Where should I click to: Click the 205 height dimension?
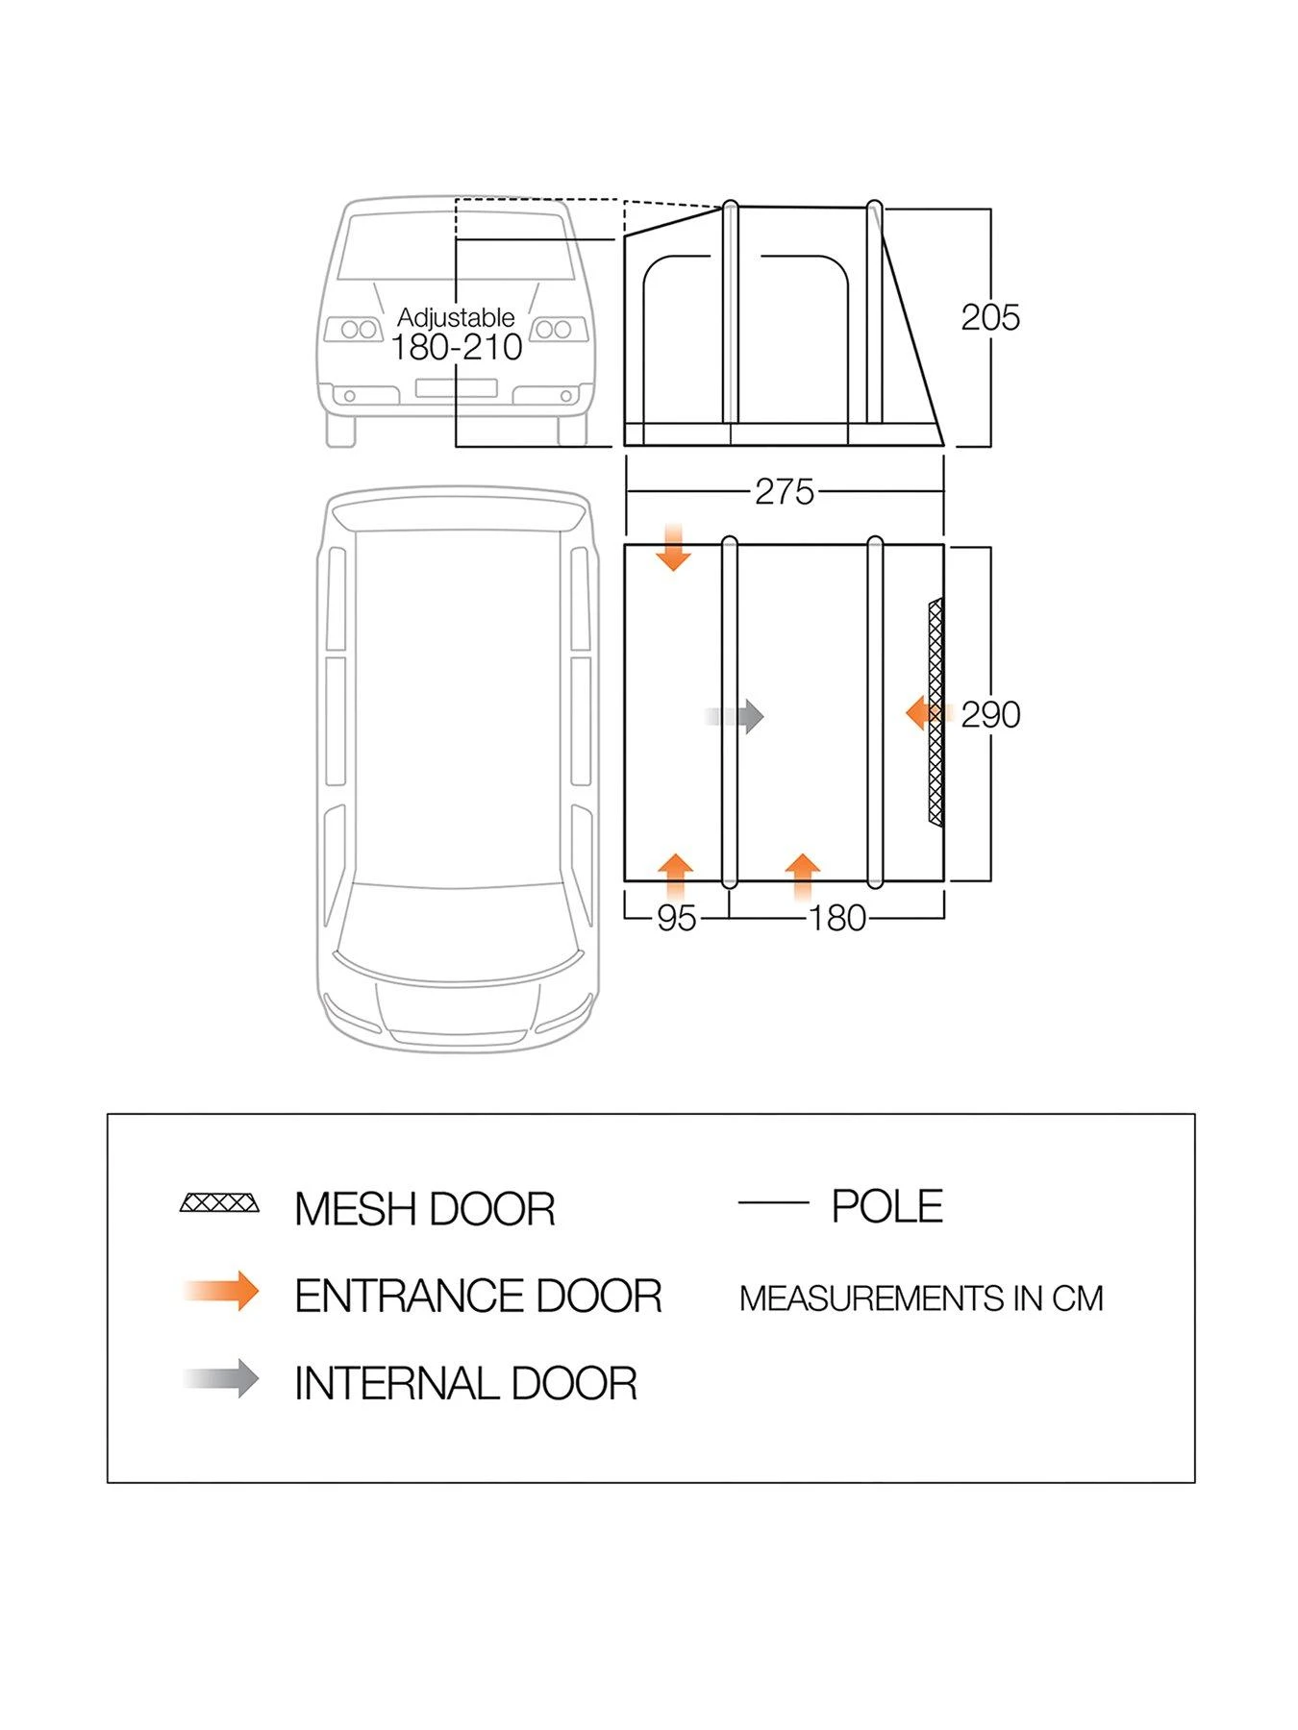(989, 317)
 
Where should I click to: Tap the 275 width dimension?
(784, 491)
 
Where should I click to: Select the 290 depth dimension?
(989, 714)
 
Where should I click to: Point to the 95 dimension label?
(675, 918)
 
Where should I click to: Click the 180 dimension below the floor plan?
(836, 918)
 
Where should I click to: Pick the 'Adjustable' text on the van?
(456, 317)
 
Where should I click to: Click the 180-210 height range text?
(456, 347)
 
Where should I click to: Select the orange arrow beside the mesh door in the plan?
(926, 713)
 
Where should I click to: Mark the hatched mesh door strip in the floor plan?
(935, 711)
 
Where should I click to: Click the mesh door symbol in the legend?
(219, 1203)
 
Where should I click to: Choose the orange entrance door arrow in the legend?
(223, 1291)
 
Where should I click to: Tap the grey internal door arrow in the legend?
(223, 1379)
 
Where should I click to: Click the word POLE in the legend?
(886, 1206)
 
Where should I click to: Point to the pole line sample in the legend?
(773, 1202)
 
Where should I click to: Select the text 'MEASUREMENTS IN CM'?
(920, 1298)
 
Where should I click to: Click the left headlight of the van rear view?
(355, 330)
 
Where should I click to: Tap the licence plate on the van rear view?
(456, 388)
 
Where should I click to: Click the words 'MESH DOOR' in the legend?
(424, 1209)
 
